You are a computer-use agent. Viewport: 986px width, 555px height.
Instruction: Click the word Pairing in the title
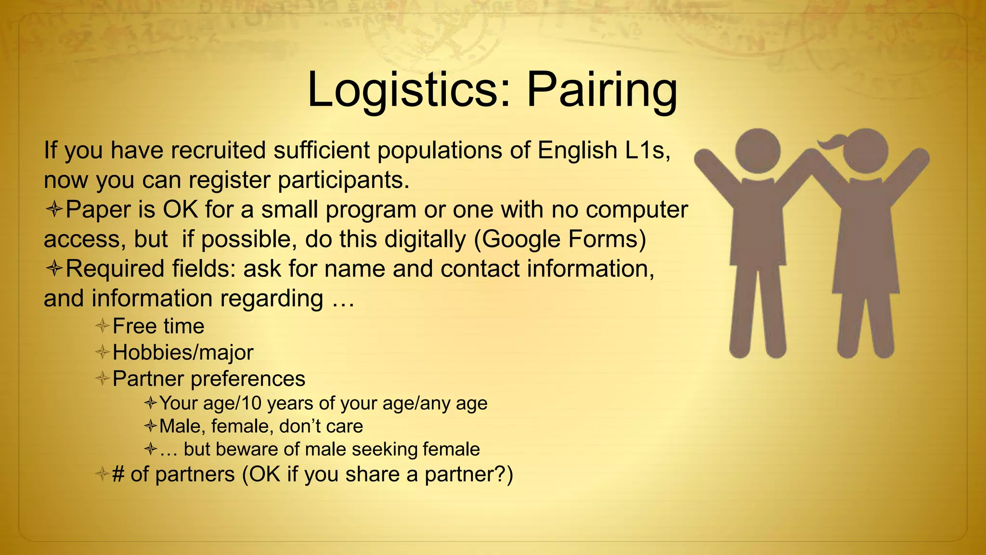pos(602,90)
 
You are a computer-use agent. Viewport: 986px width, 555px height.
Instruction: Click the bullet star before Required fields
pos(54,268)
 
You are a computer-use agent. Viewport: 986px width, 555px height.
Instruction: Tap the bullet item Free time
pos(158,326)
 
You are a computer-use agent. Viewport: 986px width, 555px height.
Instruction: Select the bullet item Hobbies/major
pos(182,353)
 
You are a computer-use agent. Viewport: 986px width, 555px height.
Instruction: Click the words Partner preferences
pos(208,379)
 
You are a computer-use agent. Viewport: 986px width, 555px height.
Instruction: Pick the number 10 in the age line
pos(252,403)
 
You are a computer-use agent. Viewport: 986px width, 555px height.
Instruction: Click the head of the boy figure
pos(757,151)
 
